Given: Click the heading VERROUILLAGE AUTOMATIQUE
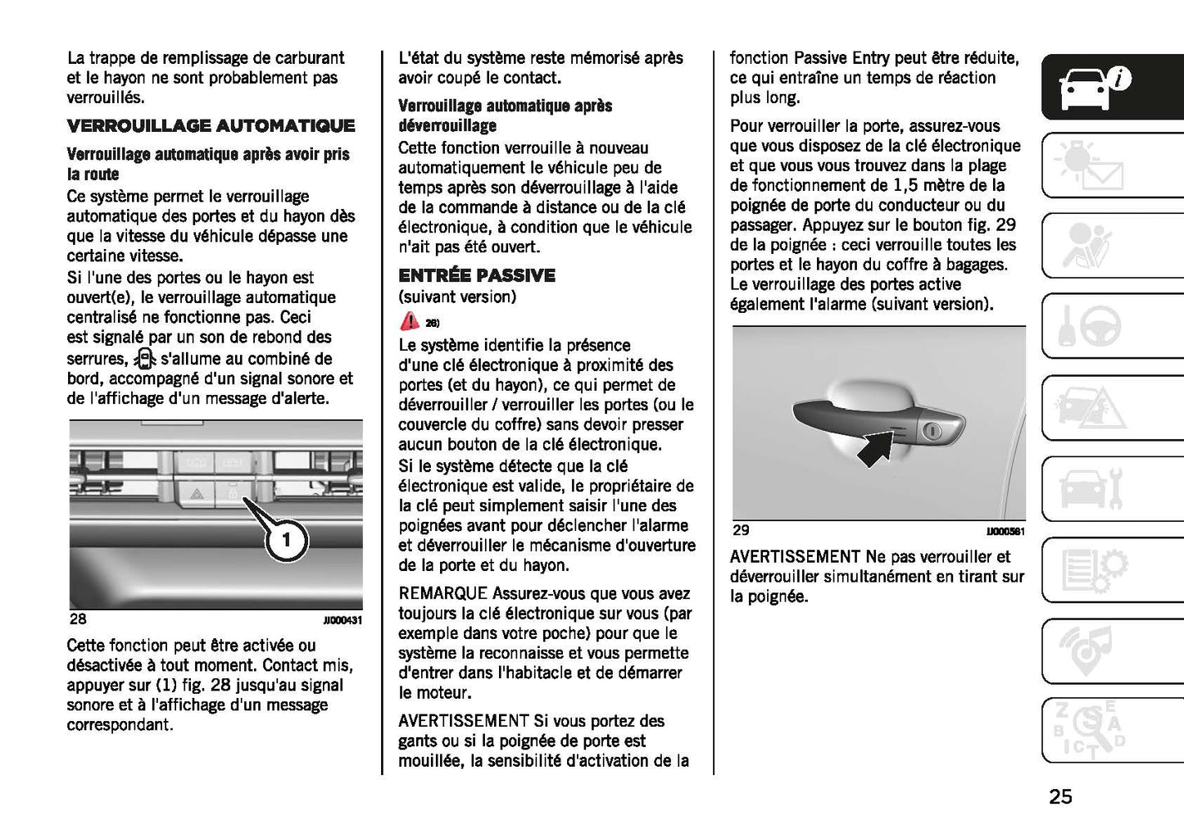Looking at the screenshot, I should tap(211, 126).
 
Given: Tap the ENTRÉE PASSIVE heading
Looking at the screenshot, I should tap(476, 275).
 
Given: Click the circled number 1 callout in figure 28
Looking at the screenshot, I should tap(286, 540).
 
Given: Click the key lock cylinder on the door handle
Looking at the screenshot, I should tap(932, 431).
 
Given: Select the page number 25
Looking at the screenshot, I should tap(1059, 796).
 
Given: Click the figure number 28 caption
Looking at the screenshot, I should tap(78, 619).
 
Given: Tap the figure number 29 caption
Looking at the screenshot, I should tap(741, 530).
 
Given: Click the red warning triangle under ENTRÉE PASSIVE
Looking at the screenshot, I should tap(410, 322).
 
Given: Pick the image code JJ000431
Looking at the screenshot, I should tap(342, 621).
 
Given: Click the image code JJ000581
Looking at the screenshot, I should tap(1005, 532).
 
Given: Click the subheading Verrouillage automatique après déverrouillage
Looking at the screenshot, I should tap(505, 116).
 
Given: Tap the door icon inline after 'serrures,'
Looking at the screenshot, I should tap(145, 359).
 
